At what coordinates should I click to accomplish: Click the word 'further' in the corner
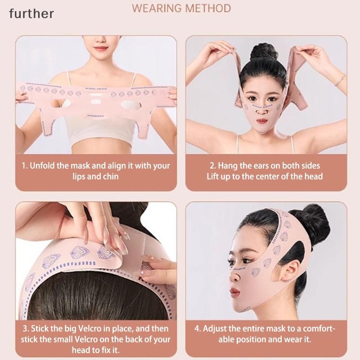click(31, 13)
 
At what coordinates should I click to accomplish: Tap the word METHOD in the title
click(208, 9)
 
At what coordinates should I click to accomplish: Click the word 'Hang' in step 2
click(228, 166)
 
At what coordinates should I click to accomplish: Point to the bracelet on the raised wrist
click(340, 80)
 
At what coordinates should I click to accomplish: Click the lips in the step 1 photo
click(100, 48)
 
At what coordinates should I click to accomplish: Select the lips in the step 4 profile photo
click(234, 292)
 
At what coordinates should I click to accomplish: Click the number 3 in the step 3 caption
click(25, 328)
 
